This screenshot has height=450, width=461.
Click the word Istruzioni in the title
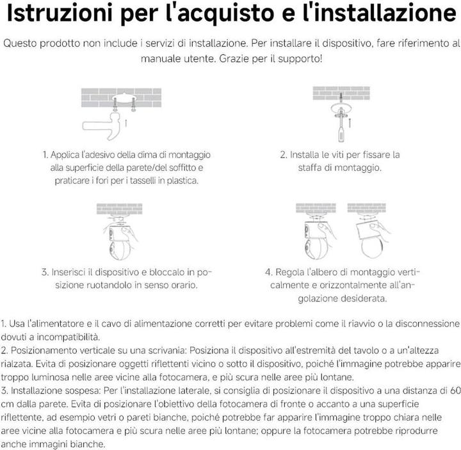pos(60,13)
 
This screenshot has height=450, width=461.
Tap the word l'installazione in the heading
pos(380,13)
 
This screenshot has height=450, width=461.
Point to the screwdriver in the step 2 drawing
pos(341,125)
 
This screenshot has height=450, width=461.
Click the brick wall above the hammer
pos(121,97)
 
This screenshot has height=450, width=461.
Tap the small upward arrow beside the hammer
pos(126,123)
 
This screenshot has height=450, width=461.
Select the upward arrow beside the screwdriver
pos(350,122)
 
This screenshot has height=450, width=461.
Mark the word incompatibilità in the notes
pos(69,337)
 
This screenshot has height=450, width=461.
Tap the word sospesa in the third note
pos(83,391)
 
